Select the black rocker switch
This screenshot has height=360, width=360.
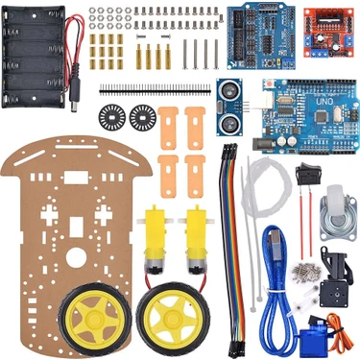[x=309, y=179]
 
